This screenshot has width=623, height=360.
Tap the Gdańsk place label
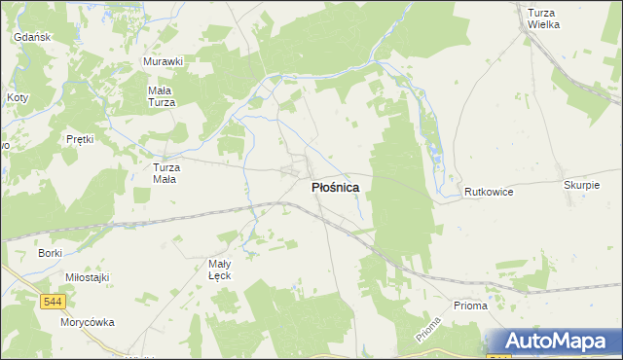[x=32, y=37]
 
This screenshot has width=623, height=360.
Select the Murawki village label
[x=163, y=61]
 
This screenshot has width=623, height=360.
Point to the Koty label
[x=18, y=98]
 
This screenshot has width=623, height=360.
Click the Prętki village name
[x=80, y=139]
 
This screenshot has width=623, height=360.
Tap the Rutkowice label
[x=489, y=192]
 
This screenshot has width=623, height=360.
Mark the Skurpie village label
[x=580, y=184]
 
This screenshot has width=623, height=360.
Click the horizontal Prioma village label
[x=470, y=306]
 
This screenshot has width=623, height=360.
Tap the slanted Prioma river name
[x=427, y=335]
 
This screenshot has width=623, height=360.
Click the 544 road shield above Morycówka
[x=54, y=303]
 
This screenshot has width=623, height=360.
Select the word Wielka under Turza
[x=543, y=24]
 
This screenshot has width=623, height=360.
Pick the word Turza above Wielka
[x=540, y=13]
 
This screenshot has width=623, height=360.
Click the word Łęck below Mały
[x=220, y=275]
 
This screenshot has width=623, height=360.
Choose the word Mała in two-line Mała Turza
[x=160, y=90]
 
